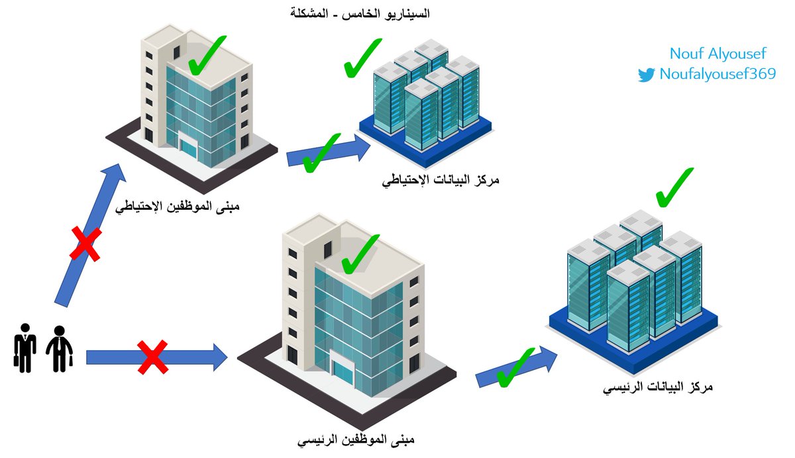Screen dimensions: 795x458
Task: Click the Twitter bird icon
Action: [646, 74]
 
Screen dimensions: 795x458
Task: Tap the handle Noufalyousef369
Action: [717, 74]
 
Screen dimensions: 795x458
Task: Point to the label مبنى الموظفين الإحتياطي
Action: [178, 206]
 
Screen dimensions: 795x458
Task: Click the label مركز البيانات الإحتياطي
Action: [439, 179]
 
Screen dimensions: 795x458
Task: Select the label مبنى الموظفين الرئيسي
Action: [357, 439]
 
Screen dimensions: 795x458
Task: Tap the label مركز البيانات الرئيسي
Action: [658, 387]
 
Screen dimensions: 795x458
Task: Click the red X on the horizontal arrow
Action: [152, 357]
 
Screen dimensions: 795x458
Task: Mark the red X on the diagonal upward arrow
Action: [86, 244]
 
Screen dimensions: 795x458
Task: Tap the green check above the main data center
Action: [673, 187]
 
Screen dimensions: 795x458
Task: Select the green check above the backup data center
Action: [362, 58]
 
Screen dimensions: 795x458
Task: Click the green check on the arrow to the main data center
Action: [515, 368]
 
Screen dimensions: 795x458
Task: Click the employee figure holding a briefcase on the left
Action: [25, 347]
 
